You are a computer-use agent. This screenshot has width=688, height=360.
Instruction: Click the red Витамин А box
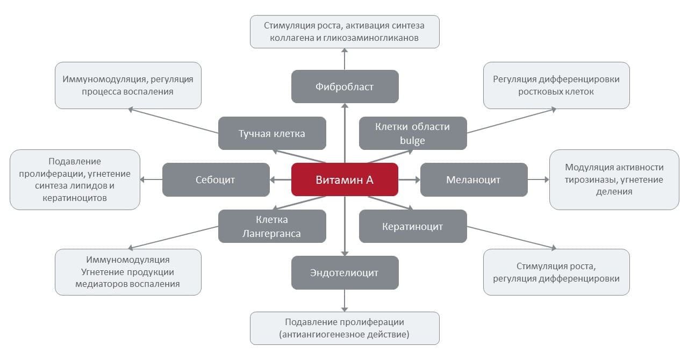[345, 179]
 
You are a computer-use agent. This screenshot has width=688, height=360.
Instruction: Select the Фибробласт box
[345, 87]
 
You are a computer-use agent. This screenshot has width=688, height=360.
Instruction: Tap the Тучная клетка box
[271, 133]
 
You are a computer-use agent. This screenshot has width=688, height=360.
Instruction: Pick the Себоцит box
[216, 179]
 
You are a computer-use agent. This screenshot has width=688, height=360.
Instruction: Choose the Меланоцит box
[473, 179]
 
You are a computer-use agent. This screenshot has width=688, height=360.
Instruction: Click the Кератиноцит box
[412, 226]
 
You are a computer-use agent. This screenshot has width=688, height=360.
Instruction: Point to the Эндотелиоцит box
[345, 272]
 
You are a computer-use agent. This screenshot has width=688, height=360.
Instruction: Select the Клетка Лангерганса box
[271, 226]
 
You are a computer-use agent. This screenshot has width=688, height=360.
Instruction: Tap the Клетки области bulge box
[412, 133]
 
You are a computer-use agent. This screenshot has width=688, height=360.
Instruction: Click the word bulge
[412, 141]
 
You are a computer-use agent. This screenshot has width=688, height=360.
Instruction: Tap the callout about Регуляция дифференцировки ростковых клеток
[556, 85]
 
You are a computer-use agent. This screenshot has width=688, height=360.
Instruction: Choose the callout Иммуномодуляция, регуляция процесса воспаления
[128, 85]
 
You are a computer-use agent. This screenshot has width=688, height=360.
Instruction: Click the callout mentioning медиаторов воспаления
[128, 272]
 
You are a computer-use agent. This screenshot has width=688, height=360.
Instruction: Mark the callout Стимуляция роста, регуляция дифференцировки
[556, 272]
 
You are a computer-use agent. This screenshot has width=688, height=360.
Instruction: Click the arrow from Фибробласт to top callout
[345, 59]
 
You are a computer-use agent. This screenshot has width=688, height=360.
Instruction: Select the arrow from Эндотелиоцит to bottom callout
[345, 300]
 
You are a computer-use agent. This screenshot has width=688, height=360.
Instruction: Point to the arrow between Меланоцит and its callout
[538, 179]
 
